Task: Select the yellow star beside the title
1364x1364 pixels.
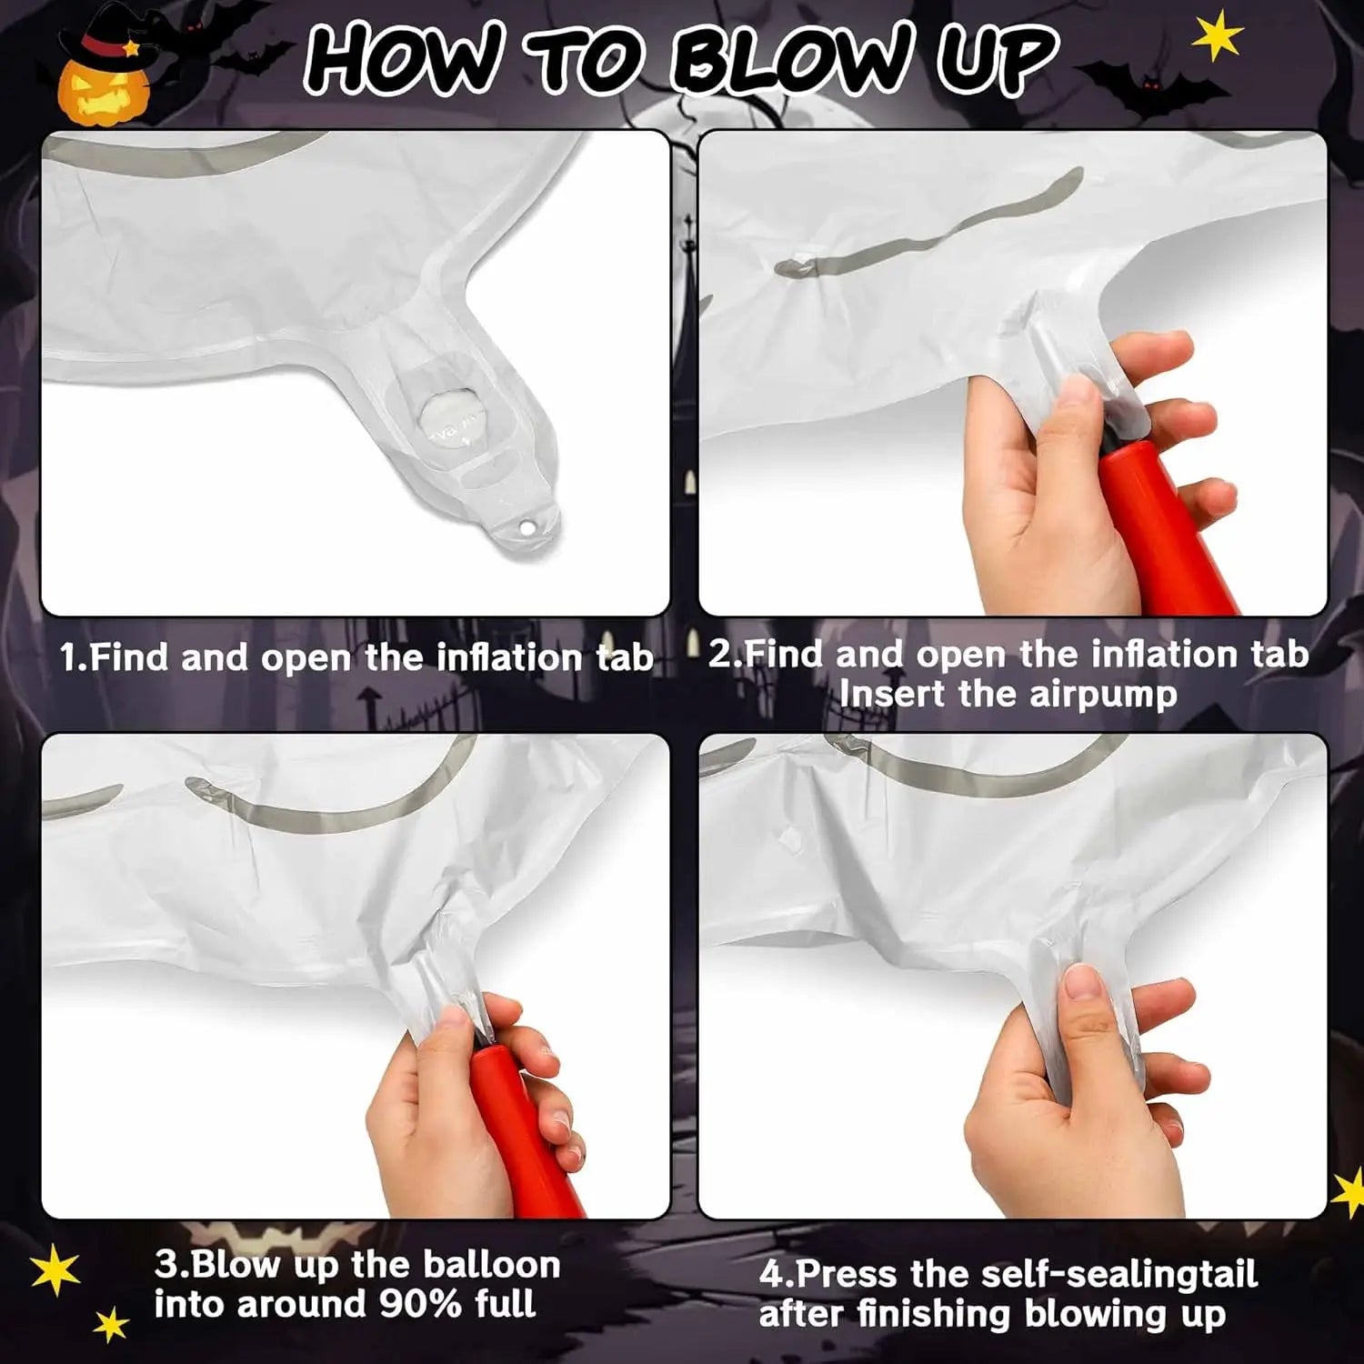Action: (x=1218, y=38)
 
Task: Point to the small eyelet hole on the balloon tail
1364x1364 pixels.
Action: (x=526, y=527)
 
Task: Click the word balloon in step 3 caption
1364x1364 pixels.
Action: (x=491, y=1265)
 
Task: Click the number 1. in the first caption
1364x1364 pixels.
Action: (x=73, y=657)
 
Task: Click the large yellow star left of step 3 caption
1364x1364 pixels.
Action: (x=54, y=1269)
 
